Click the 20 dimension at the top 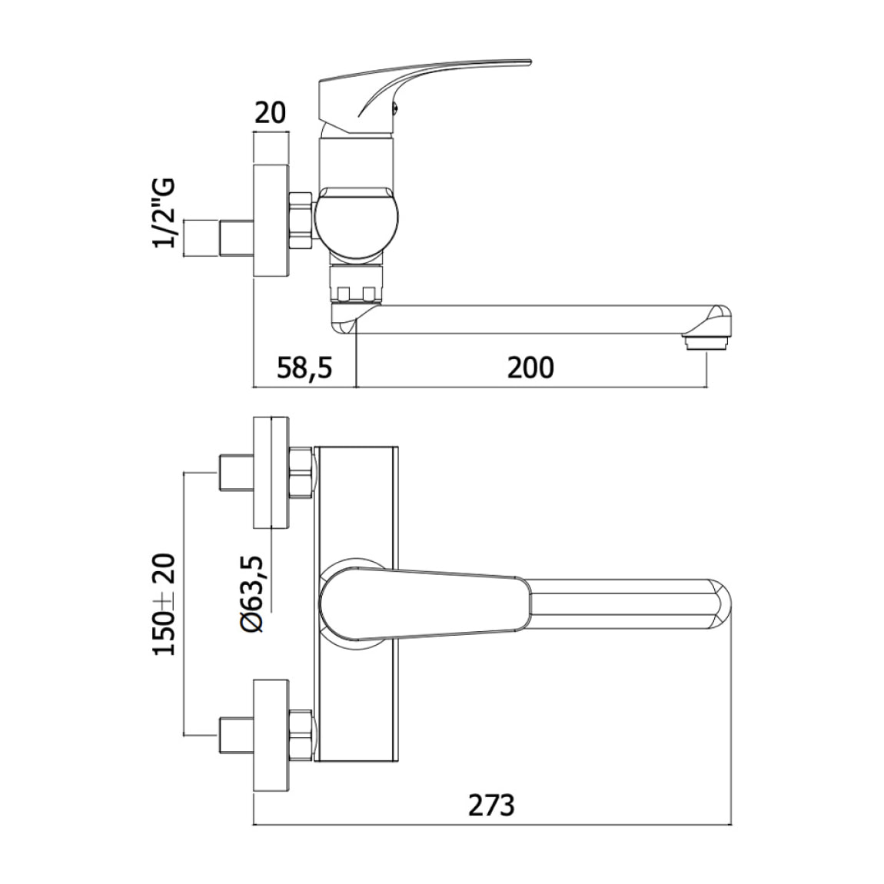(x=269, y=113)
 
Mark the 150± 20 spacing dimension (x=165, y=603)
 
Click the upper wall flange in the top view (x=271, y=474)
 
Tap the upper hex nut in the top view (x=301, y=474)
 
